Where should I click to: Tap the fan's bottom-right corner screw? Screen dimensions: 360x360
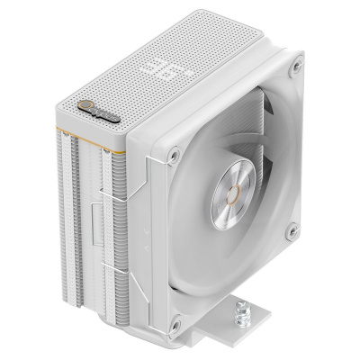click(291, 229)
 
